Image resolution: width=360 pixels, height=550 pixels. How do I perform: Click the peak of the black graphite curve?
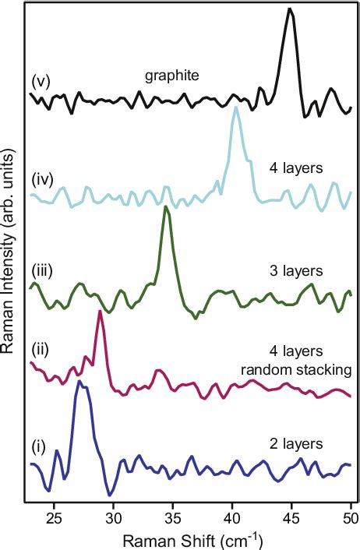pyautogui.click(x=290, y=9)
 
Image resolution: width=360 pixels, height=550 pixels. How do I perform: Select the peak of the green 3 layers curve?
pyautogui.click(x=165, y=208)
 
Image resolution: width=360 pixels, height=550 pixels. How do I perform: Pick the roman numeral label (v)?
pyautogui.click(x=41, y=80)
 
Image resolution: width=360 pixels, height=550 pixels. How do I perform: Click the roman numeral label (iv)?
pyautogui.click(x=42, y=181)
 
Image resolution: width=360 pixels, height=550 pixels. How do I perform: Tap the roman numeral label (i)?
pyautogui.click(x=38, y=447)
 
